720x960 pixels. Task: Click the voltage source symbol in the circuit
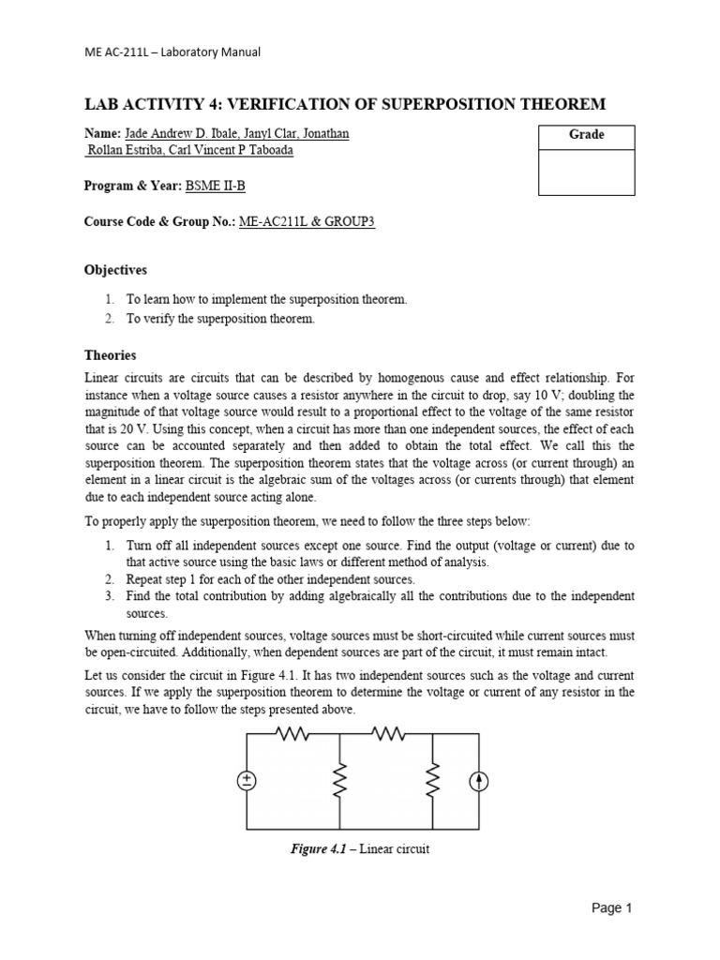[x=247, y=782]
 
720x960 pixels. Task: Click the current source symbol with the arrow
[x=479, y=782]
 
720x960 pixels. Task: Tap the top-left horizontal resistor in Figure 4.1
[x=292, y=735]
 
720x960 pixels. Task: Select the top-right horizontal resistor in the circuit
[x=386, y=735]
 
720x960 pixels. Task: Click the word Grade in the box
[x=587, y=135]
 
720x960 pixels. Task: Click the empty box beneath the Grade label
[x=587, y=172]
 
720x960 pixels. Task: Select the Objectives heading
[x=115, y=270]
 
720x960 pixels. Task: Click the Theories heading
[x=111, y=355]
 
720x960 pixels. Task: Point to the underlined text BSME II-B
[x=215, y=186]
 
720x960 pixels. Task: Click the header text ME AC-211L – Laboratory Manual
[x=172, y=52]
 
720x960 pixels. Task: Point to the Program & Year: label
[x=132, y=186]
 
